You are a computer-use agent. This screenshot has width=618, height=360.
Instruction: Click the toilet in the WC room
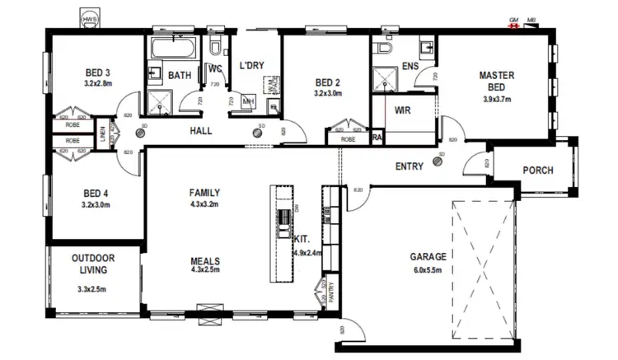(x=216, y=46)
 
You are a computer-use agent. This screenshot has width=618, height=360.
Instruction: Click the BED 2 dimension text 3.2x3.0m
(x=327, y=93)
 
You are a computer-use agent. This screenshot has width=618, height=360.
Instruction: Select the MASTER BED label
(x=496, y=81)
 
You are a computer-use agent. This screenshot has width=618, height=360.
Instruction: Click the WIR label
(x=403, y=109)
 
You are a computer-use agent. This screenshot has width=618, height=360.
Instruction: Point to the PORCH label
(x=537, y=171)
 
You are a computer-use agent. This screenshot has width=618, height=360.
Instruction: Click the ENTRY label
(x=410, y=166)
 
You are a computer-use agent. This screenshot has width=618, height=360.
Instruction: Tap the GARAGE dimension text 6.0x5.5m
(x=427, y=270)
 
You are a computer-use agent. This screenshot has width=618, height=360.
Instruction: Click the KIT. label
(x=302, y=240)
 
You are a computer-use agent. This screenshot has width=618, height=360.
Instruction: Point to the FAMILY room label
(x=204, y=193)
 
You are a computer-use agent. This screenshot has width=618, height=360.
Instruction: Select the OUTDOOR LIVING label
(x=92, y=264)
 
